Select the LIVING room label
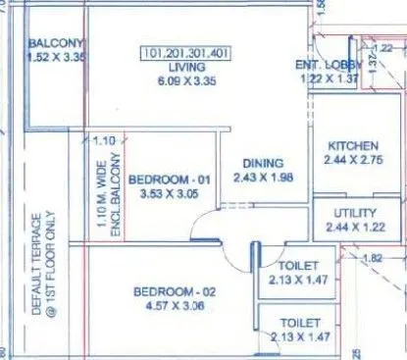click(x=186, y=66)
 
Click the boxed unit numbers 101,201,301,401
click(x=185, y=52)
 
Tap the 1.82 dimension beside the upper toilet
click(x=372, y=259)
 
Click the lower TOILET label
click(x=299, y=322)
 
